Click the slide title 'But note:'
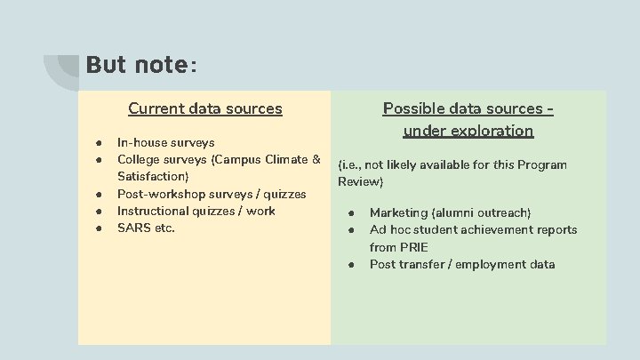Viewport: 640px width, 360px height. click(142, 66)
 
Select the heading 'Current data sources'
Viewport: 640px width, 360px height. click(205, 109)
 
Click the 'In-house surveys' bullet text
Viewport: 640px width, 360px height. click(165, 142)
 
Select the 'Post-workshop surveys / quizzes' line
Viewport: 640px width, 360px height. click(212, 194)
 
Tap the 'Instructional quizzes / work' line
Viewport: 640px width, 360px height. click(196, 211)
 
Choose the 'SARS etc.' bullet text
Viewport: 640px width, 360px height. click(146, 228)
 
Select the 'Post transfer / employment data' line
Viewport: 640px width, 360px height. click(462, 264)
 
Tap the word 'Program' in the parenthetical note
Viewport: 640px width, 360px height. click(541, 165)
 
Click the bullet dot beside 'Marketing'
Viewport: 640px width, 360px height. click(352, 213)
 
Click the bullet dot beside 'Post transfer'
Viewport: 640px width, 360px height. click(352, 265)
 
